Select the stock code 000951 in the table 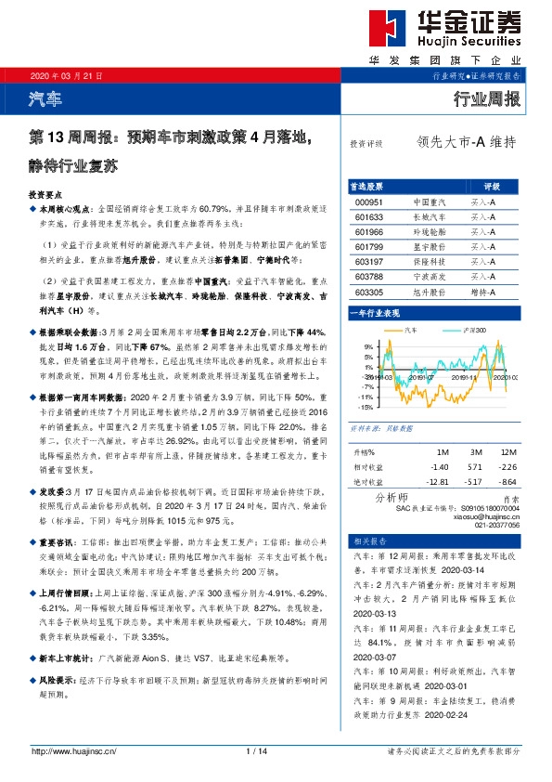(x=368, y=201)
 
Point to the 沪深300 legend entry (x=472, y=330)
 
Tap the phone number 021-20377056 (x=495, y=525)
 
